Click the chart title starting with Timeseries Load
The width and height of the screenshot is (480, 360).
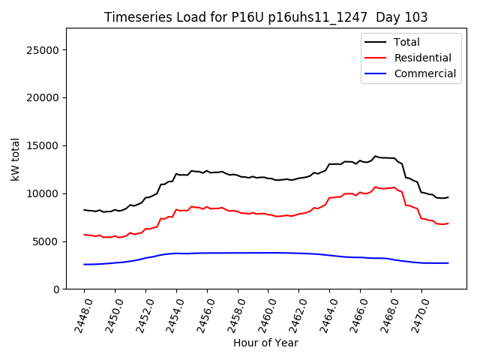276,17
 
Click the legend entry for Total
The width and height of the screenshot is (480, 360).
406,42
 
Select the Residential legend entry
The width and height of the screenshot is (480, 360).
422,58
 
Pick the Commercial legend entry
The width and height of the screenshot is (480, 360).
424,73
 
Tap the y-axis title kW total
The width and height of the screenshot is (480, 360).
16,158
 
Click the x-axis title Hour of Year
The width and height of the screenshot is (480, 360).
265,343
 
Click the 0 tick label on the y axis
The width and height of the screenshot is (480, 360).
57,289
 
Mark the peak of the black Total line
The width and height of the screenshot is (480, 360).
375,156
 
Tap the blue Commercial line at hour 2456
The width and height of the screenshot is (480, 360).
207,253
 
